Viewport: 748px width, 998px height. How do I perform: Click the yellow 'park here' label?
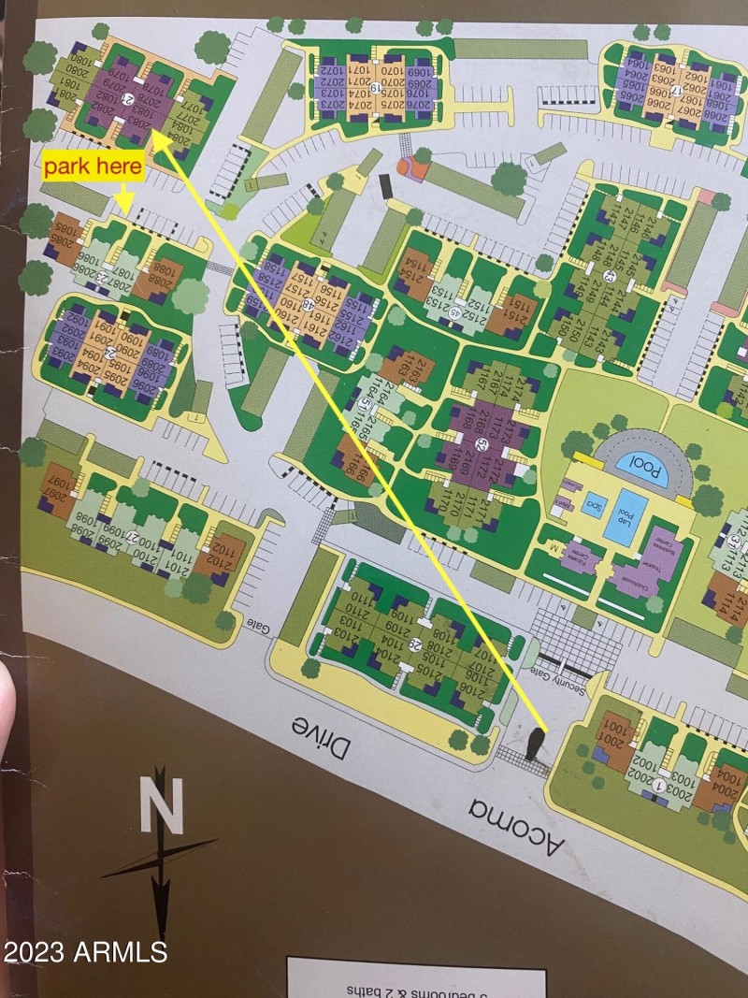tap(93, 168)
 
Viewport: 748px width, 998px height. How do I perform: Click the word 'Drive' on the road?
tap(321, 737)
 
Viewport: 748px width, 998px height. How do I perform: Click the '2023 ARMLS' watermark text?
tap(85, 952)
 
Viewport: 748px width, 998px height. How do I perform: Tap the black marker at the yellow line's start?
tap(535, 745)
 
